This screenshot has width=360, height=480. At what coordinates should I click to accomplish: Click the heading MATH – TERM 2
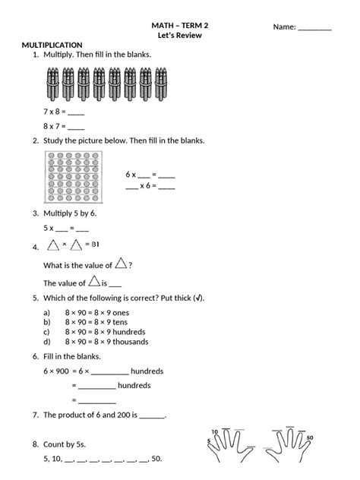180,25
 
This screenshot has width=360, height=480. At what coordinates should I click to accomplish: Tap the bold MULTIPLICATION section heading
52,46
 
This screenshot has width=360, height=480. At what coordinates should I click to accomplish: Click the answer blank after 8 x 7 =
76,128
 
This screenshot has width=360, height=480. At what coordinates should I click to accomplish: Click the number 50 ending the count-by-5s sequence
156,459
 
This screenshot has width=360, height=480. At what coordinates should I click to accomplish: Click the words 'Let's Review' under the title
180,36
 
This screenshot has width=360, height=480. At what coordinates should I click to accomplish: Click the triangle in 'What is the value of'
121,264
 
